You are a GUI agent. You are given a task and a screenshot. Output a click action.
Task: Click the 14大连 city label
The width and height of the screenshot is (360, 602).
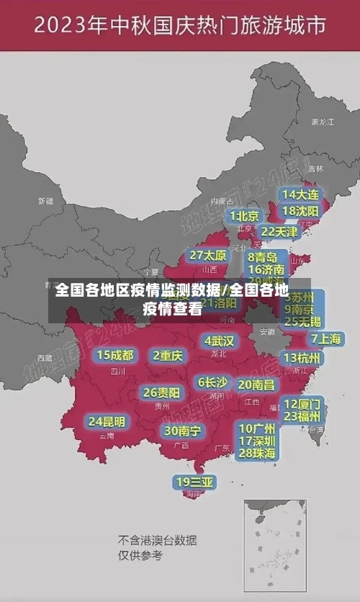click(300, 195)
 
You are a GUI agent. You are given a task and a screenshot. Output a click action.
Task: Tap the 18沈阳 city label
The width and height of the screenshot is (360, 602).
click(300, 211)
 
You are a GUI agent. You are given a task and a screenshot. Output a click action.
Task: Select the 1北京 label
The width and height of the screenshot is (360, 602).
click(245, 216)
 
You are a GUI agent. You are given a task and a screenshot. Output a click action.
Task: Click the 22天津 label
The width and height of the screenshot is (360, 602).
click(279, 232)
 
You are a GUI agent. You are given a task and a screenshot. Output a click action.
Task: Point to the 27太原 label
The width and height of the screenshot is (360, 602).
click(208, 256)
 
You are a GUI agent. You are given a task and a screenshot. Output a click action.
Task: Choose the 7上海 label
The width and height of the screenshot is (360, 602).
click(326, 339)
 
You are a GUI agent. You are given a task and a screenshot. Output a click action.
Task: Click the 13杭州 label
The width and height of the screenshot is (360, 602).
click(302, 358)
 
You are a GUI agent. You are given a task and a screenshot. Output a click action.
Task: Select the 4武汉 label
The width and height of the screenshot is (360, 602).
click(219, 341)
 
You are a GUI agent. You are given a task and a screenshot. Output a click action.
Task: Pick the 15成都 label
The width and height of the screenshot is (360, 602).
click(115, 354)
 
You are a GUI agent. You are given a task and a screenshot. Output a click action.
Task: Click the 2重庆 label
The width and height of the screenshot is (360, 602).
click(168, 355)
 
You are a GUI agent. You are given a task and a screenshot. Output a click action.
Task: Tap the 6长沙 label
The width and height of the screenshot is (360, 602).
click(212, 382)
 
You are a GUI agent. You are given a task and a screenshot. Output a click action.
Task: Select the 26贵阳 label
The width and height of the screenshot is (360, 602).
click(161, 392)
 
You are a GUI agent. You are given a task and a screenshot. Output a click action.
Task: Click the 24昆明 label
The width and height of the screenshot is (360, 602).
click(107, 421)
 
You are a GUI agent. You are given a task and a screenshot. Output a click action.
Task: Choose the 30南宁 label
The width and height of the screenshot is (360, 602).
click(183, 431)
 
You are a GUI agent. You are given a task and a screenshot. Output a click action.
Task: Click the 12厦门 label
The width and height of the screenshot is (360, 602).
click(302, 403)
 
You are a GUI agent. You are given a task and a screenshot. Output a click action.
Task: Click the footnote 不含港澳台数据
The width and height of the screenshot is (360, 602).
click(158, 541)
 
